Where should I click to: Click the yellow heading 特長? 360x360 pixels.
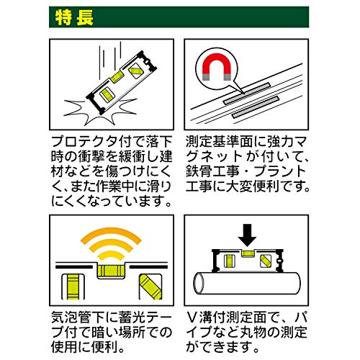point(74,17)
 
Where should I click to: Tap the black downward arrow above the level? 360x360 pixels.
point(247,235)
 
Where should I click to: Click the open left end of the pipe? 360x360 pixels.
point(199,284)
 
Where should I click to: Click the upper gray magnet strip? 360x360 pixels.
point(246,94)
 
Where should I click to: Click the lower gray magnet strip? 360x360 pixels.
point(255,107)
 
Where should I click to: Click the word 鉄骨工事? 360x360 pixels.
point(212,171)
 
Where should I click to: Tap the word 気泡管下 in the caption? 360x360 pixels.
point(78,318)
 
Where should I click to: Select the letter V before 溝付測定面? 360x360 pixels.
point(192,318)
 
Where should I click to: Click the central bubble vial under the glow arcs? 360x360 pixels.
point(111,271)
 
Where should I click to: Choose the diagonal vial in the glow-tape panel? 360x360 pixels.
point(150,287)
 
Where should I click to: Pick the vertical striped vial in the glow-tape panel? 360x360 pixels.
point(73,287)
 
